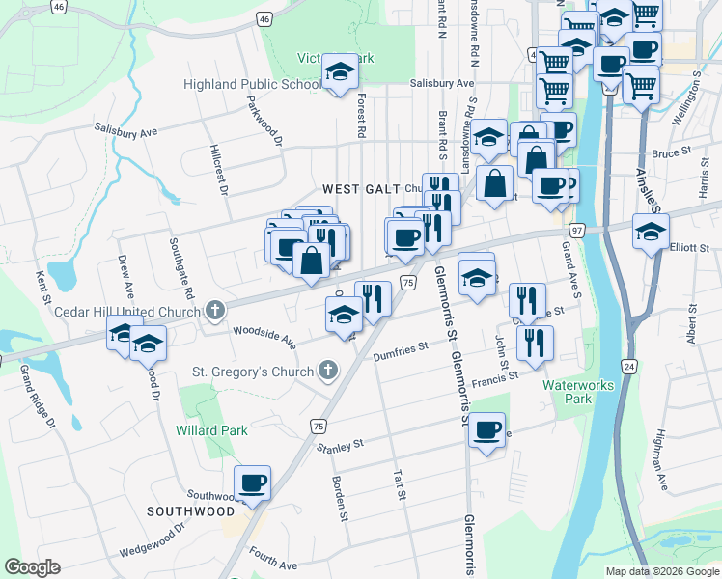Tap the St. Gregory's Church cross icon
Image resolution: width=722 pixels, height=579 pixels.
329,371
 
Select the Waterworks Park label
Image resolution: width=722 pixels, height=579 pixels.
578,391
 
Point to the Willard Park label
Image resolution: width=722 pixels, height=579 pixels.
211,430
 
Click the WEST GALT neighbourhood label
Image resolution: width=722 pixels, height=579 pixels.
356,189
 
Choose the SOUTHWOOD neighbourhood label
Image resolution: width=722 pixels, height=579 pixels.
190,510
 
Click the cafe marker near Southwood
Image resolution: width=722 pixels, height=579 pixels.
253,482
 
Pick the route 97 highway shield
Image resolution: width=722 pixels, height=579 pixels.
577,231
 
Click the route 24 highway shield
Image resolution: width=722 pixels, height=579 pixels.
628,367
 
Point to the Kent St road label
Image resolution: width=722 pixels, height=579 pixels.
42,286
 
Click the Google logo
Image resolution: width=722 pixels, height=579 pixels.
32,567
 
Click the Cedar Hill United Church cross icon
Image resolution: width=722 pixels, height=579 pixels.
215,311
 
